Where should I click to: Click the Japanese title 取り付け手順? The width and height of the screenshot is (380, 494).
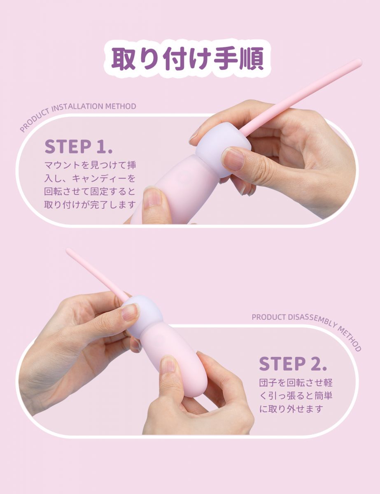[x=188, y=58]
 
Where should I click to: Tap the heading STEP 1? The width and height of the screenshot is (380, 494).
[x=79, y=147]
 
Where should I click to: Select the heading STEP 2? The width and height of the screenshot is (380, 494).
[x=293, y=364]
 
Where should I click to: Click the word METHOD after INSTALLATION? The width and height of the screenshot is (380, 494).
[x=121, y=106]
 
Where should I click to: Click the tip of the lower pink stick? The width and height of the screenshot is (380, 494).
[x=68, y=251]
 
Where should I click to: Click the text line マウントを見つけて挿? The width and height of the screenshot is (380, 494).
[x=91, y=165]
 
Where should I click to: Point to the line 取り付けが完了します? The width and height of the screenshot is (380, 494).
[x=90, y=205]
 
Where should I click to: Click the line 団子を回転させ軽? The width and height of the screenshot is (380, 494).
[x=296, y=382]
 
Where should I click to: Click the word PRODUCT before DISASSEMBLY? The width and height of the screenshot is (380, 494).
[x=269, y=317]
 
